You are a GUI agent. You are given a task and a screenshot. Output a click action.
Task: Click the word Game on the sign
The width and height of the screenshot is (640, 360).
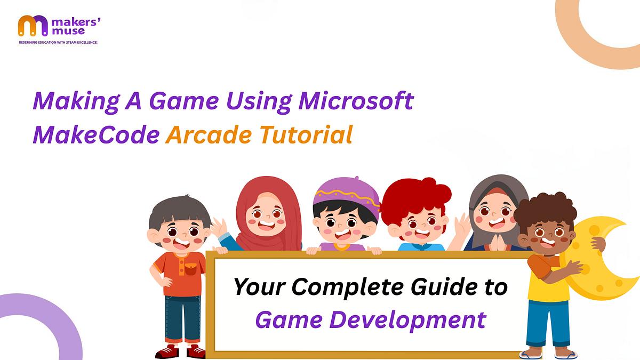[x=287, y=320]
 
